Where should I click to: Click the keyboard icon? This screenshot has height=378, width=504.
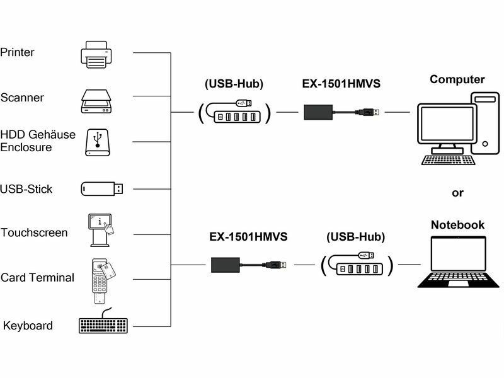click(x=103, y=326)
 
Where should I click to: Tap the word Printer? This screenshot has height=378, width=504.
click(x=18, y=52)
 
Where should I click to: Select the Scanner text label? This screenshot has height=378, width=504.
click(x=22, y=98)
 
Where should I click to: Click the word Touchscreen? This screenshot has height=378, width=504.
click(x=34, y=232)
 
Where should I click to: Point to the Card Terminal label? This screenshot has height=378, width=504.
click(x=37, y=278)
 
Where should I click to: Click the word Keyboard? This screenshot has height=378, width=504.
click(x=28, y=326)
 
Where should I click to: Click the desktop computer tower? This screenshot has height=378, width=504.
click(x=486, y=122)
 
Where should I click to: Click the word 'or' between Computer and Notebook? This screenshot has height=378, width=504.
click(x=457, y=193)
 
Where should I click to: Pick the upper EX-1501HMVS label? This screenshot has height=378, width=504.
click(x=341, y=83)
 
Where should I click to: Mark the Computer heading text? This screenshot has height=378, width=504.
click(x=457, y=80)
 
